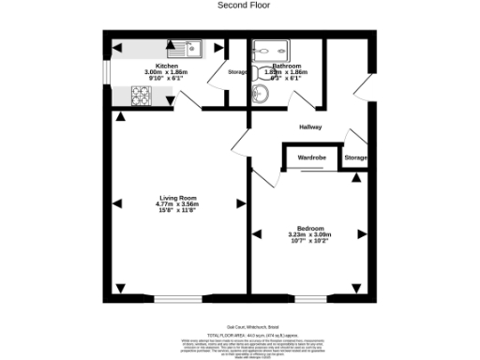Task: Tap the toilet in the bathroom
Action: point(260,92)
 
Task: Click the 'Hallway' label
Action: point(310,127)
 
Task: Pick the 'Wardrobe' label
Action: point(311,157)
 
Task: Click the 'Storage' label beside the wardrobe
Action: point(355,157)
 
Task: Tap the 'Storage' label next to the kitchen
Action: point(237,72)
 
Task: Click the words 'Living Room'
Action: point(177,197)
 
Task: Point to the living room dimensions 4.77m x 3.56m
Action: point(178,203)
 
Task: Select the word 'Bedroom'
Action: point(311,229)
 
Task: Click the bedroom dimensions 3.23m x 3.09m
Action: point(311,235)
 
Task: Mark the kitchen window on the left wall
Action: point(106,72)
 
